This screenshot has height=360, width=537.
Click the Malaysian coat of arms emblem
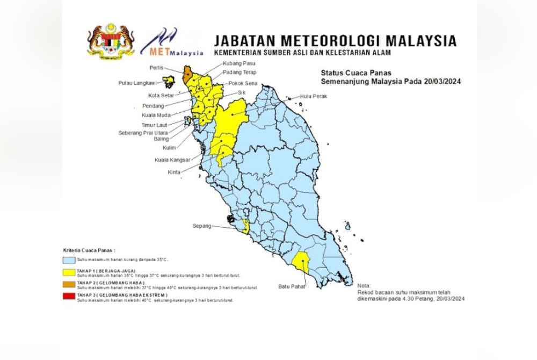(x=111, y=41)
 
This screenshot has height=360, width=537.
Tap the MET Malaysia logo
(x=171, y=43)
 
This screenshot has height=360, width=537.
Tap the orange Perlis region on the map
(x=186, y=75)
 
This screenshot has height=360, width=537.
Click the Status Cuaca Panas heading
(x=355, y=73)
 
